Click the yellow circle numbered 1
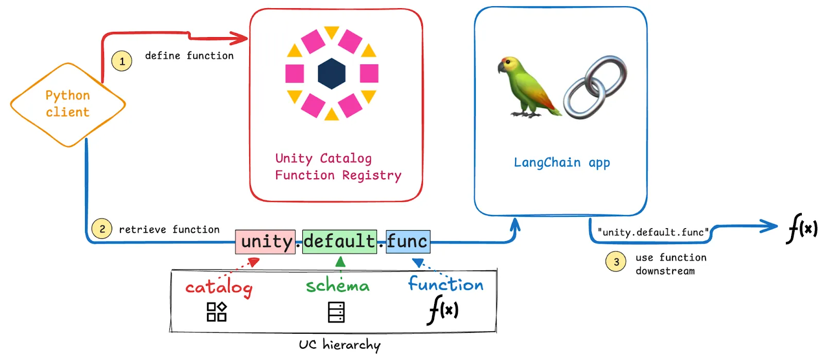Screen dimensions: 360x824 tap(122, 61)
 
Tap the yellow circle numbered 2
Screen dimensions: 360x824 tap(102, 229)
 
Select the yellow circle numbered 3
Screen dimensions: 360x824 tap(616, 262)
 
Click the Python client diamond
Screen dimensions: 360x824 tap(67, 104)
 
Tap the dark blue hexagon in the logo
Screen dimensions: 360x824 tap(331, 74)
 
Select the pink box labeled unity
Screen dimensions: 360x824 tap(266, 242)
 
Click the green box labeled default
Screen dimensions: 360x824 tap(339, 242)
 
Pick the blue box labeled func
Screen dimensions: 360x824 tap(408, 242)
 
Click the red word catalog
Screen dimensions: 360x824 tap(219, 287)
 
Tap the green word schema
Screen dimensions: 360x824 tap(338, 285)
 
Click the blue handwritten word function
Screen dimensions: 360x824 tap(446, 284)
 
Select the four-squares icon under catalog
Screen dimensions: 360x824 tap(216, 312)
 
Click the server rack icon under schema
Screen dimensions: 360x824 tap(336, 312)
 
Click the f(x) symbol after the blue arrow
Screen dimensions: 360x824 tap(802, 228)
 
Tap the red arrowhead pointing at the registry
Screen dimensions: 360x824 tap(240, 38)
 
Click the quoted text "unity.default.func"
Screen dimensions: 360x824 tap(653, 232)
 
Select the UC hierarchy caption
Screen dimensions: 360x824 tap(339, 345)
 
